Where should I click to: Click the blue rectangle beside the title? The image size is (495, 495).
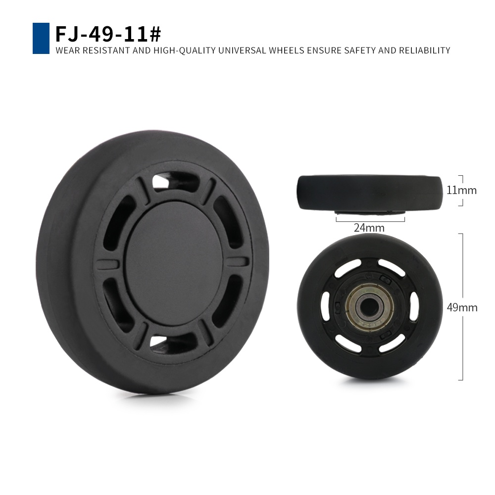(41, 38)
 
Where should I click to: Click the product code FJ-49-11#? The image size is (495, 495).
(108, 34)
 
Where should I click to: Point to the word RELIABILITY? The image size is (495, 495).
(425, 50)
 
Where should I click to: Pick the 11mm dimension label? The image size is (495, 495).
(461, 191)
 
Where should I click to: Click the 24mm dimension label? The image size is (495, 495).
(369, 228)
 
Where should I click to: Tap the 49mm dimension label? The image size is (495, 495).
(462, 307)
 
